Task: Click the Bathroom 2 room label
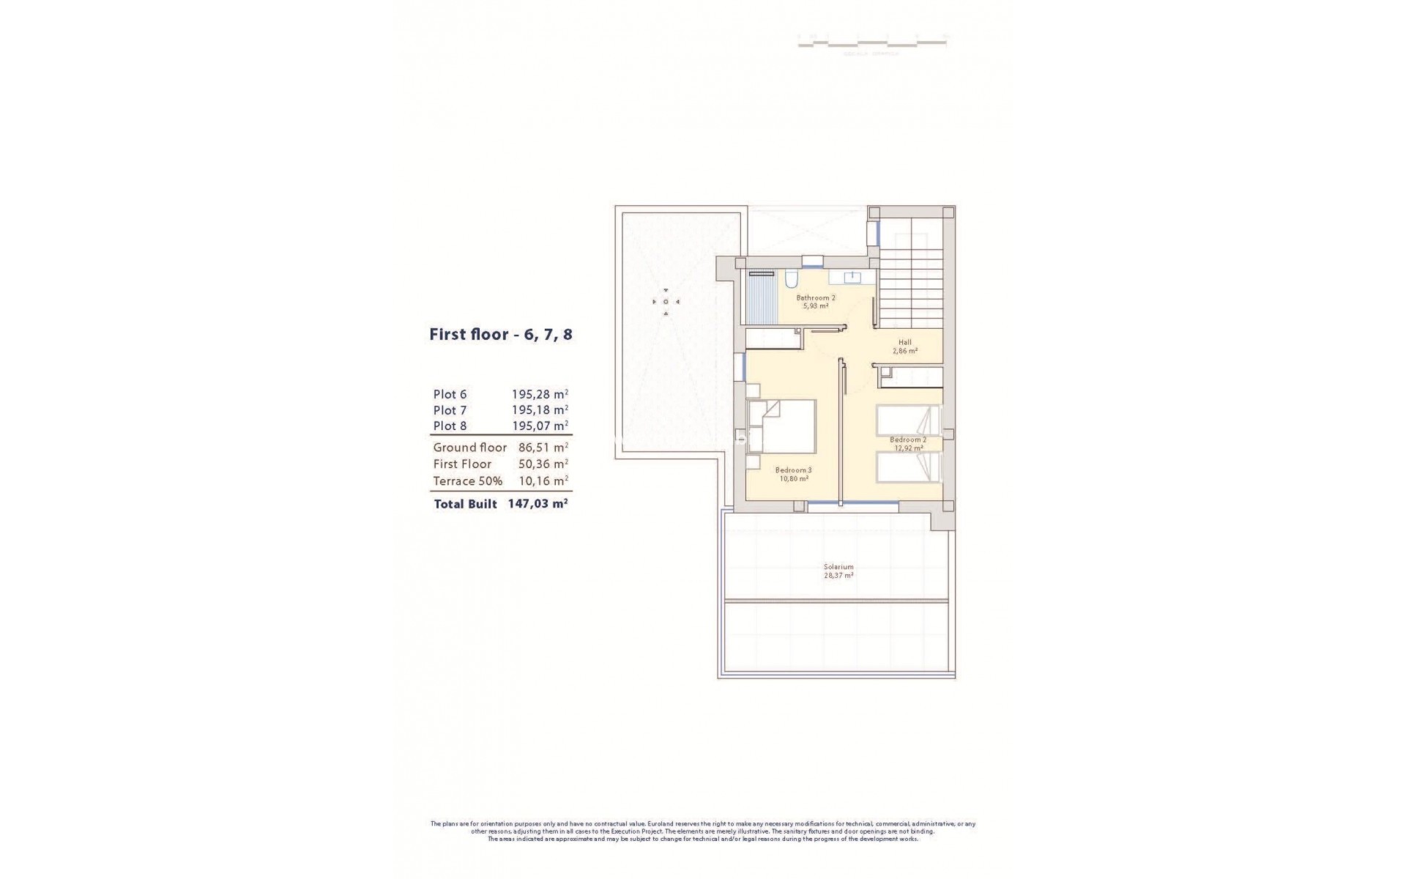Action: [816, 298]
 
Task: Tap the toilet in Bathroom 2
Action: [791, 279]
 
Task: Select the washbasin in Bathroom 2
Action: [852, 278]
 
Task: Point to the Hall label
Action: [905, 342]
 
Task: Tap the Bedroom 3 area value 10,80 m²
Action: [793, 479]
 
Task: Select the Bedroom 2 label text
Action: [908, 439]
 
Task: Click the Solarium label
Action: [838, 566]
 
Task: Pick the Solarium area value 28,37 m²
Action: [838, 576]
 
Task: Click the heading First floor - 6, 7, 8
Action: [501, 335]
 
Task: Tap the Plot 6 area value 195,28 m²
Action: [540, 394]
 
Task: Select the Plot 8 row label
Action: [450, 426]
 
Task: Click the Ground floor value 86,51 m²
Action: [540, 447]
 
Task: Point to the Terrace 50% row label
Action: [467, 481]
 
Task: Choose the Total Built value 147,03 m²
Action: [538, 504]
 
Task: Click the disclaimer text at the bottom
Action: [703, 831]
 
